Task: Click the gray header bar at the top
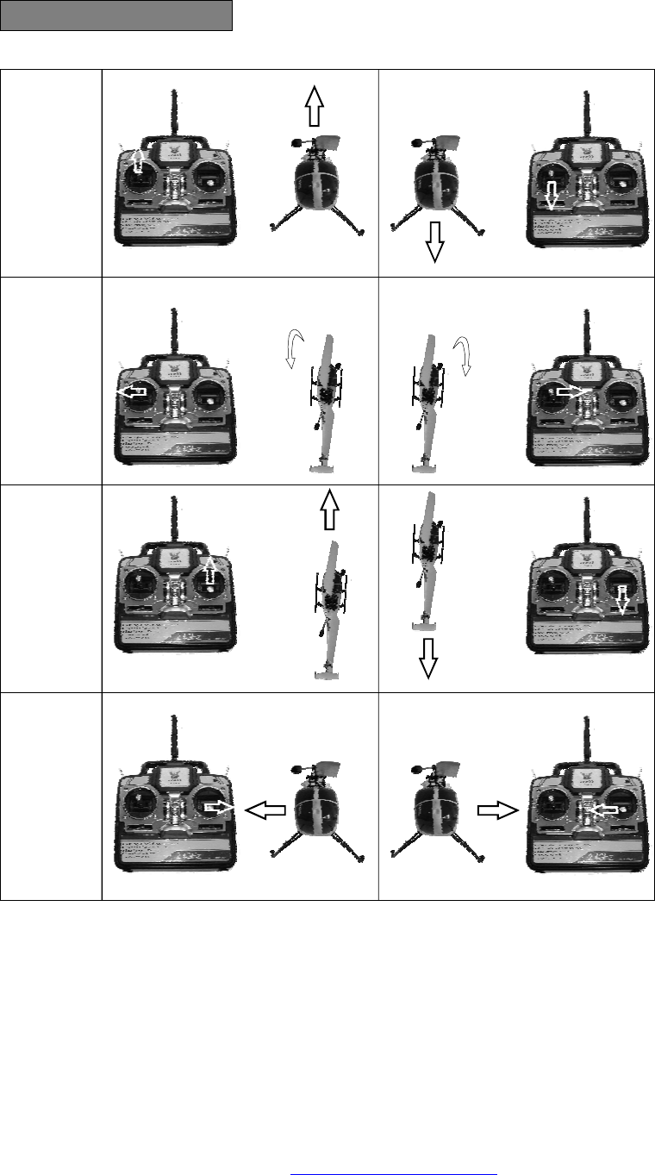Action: click(x=116, y=16)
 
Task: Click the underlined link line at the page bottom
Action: click(x=395, y=1172)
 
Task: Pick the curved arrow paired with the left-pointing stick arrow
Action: click(x=294, y=348)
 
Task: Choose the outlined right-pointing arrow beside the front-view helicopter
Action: click(x=496, y=810)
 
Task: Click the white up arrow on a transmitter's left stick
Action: click(x=138, y=159)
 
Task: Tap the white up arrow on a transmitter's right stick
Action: click(x=209, y=572)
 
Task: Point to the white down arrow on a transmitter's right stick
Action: click(x=622, y=598)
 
